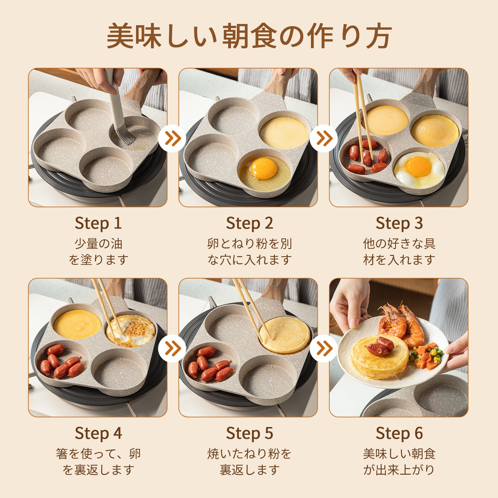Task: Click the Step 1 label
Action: tap(98, 223)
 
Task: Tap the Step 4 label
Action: tap(98, 433)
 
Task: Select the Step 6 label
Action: tap(399, 433)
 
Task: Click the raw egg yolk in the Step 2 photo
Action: tap(263, 168)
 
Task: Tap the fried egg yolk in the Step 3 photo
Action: tap(418, 167)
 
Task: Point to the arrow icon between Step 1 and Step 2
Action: tap(172, 138)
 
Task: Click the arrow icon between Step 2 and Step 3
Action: tap(324, 138)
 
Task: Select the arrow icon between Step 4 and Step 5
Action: tap(172, 348)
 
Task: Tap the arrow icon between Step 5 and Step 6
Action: tap(324, 348)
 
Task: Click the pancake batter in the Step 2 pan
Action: tap(284, 133)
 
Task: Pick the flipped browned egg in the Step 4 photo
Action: tap(131, 331)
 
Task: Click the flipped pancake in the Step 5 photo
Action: tap(285, 335)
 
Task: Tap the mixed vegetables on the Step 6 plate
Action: tap(426, 356)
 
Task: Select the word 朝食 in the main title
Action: tap(249, 36)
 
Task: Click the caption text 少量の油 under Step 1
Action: tap(98, 243)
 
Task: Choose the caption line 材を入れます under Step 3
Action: tap(399, 259)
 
